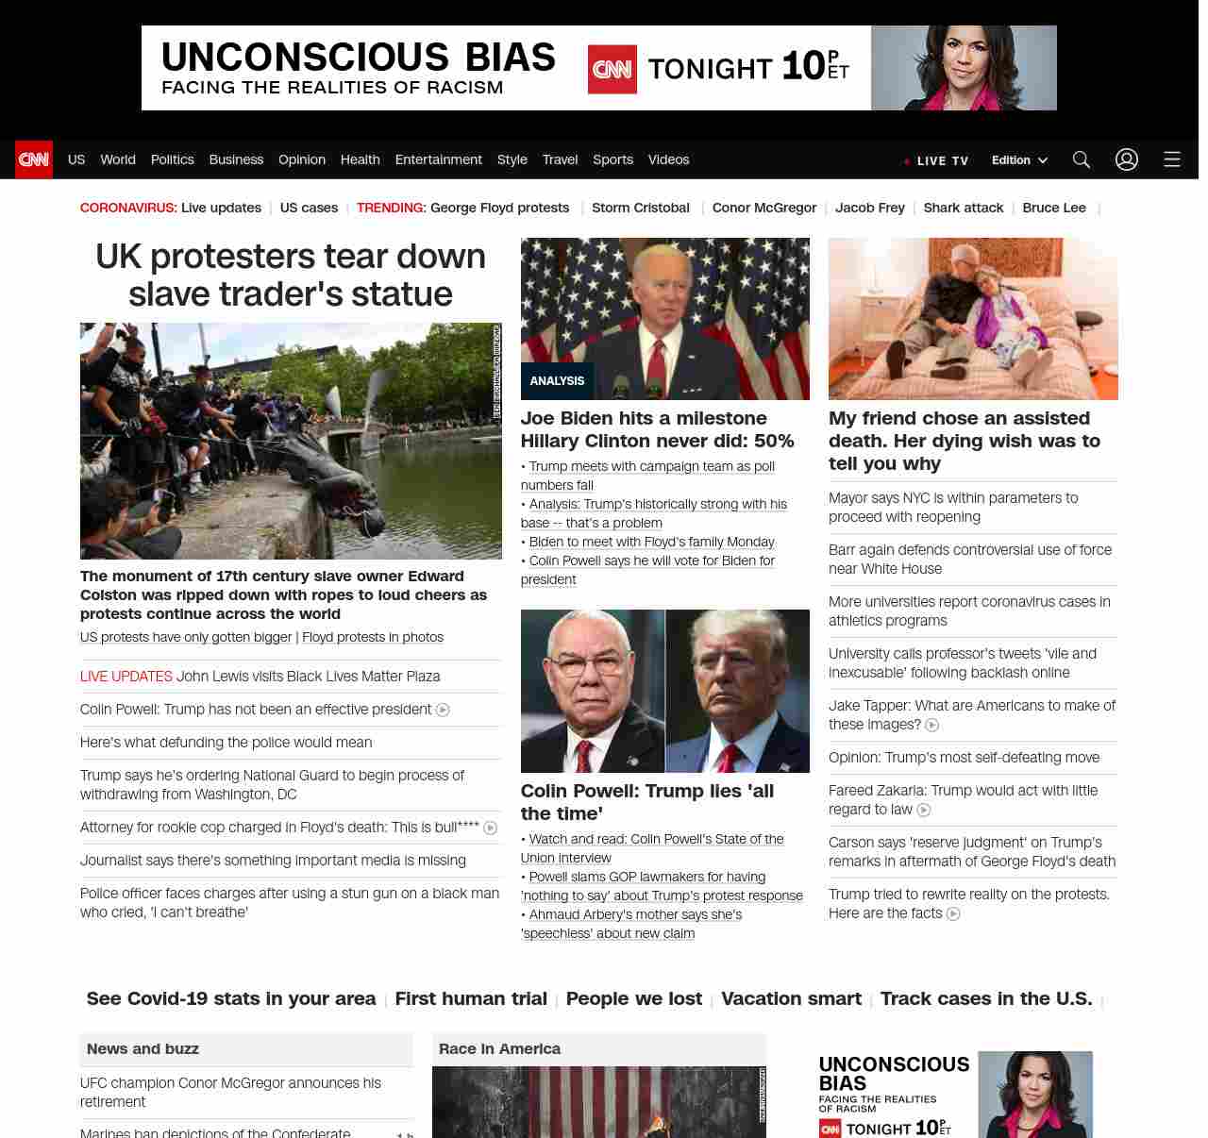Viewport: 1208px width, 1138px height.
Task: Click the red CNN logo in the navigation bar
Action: (x=34, y=159)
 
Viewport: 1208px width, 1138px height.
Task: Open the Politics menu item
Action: (x=172, y=159)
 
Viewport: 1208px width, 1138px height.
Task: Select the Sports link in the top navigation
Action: (x=612, y=159)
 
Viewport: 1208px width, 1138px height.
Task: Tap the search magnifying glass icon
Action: (x=1082, y=159)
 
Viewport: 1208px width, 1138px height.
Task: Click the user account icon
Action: (x=1127, y=159)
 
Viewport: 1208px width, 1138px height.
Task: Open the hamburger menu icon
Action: (x=1172, y=159)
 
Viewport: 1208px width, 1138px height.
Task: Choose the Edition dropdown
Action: (x=1019, y=160)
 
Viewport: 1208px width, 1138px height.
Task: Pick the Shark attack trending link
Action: (x=963, y=208)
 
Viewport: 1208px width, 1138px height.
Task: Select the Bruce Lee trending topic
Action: (x=1054, y=208)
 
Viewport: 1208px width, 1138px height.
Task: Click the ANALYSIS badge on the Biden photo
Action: (x=557, y=381)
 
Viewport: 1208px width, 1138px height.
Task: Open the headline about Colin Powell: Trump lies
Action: (x=646, y=802)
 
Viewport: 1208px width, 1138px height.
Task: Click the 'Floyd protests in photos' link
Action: (x=373, y=637)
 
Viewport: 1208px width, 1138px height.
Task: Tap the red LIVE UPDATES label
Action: (x=126, y=676)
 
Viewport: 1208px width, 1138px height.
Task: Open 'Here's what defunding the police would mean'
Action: (x=226, y=743)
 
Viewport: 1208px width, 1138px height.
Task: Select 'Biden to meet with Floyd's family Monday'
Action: (x=651, y=542)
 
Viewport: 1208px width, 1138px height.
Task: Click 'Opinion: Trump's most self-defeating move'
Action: (x=964, y=758)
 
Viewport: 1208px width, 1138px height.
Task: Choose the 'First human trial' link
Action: (x=471, y=998)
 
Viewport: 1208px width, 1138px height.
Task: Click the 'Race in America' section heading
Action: (x=499, y=1048)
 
